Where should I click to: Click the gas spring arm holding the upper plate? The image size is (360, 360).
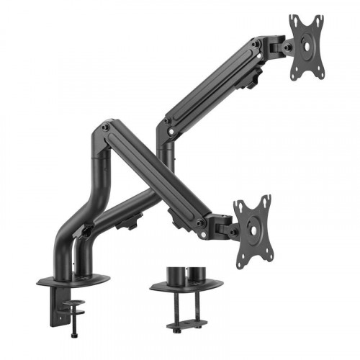coord(216,86)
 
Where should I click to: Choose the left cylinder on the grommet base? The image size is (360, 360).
coord(175,276)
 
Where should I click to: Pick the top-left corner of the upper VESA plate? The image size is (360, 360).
coord(292,17)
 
